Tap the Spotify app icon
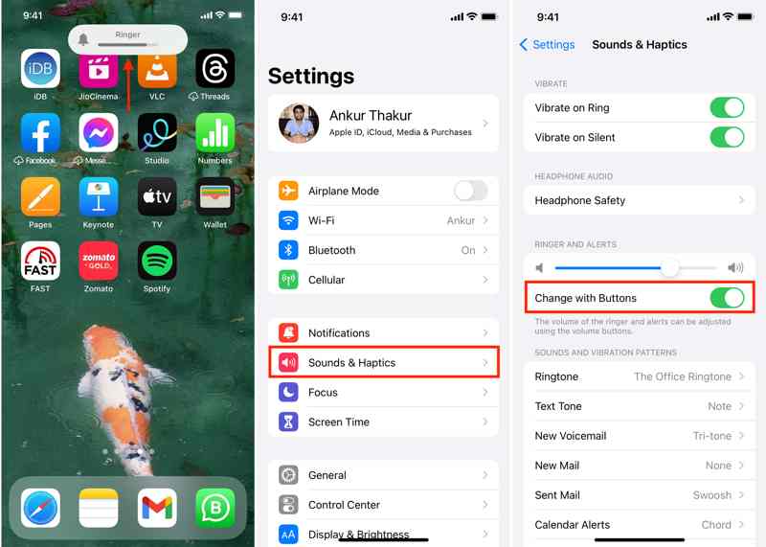coord(157,261)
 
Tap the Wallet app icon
coord(214,196)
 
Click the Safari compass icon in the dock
coord(40,508)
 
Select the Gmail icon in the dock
coord(157,508)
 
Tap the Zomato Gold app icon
coord(99,261)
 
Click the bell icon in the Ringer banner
coord(83,39)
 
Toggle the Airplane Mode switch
coord(470,191)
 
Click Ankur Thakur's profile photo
coord(299,124)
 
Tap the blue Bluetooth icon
coord(288,250)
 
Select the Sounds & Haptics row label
coord(351,363)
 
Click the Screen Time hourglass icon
coord(288,422)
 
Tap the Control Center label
coord(344,505)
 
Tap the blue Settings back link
coord(547,44)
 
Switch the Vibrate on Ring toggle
coord(727,107)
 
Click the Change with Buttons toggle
coord(727,298)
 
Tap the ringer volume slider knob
coord(669,267)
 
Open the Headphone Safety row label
coord(580,200)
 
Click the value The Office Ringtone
coord(683,376)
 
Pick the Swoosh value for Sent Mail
coord(711,495)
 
